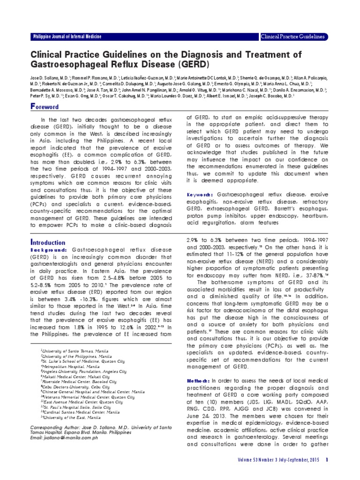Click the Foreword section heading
pos(45,106)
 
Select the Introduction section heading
pos(47,243)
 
